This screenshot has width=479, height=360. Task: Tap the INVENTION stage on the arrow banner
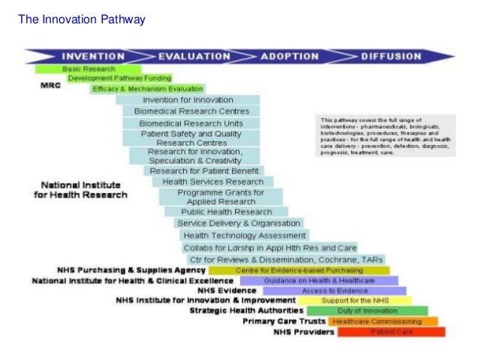point(92,56)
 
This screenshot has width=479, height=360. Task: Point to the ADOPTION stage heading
point(289,56)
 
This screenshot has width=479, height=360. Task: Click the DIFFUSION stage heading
point(391,56)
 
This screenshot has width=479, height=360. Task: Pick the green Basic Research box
point(88,68)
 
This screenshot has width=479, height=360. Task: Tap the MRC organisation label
point(50,85)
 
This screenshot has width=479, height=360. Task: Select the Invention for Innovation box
point(188,100)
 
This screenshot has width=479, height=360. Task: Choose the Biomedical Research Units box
point(191,123)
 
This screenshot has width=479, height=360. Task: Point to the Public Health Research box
point(216,212)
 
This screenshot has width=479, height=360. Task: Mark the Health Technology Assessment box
point(233,235)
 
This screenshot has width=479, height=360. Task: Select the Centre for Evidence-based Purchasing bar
point(299,270)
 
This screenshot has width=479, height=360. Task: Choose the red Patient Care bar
point(391,331)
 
